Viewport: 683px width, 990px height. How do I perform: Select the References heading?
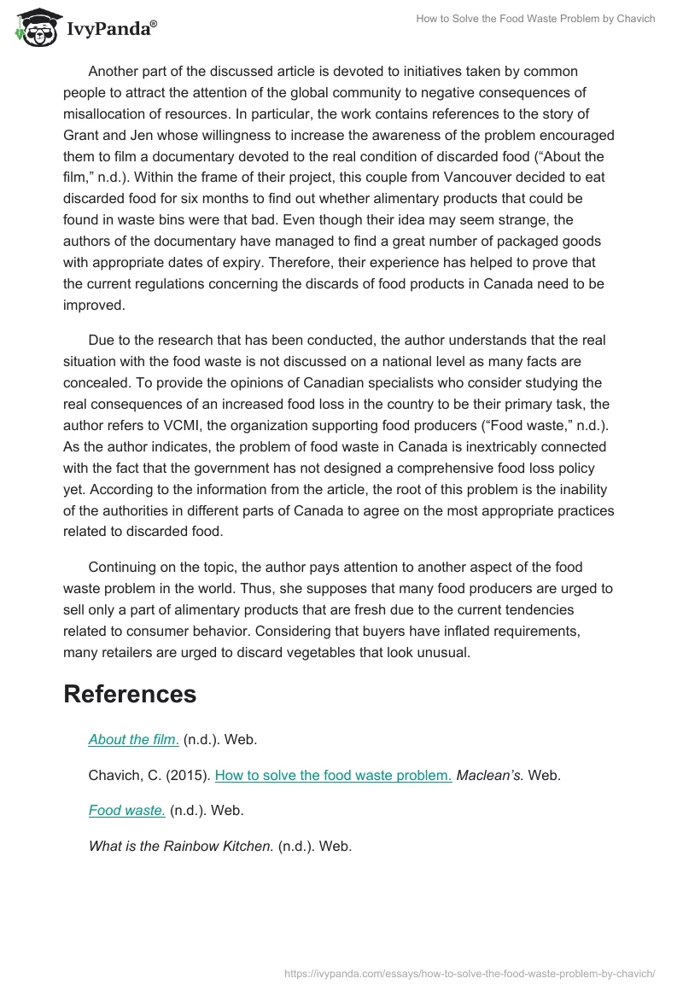coord(130,694)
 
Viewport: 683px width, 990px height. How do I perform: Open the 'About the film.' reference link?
coord(133,740)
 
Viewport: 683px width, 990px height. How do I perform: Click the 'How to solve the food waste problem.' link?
coord(333,775)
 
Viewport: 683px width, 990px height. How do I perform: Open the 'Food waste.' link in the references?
coord(126,810)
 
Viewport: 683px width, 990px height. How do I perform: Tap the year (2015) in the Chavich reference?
coord(191,775)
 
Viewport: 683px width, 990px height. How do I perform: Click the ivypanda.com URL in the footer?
coord(469,972)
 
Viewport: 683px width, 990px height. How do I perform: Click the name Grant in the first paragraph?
coord(82,135)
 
